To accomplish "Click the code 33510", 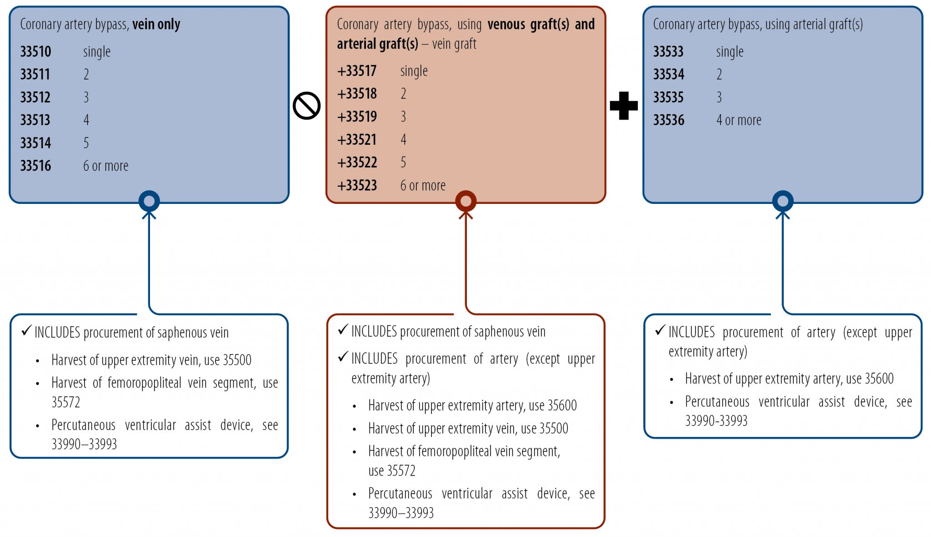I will (35, 52).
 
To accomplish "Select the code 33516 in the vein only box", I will (35, 166).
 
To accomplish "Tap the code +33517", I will (357, 71).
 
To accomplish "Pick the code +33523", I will (357, 186).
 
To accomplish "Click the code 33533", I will (668, 52).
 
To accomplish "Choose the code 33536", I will (669, 121).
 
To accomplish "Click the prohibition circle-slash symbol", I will (307, 106).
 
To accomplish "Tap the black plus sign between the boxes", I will (624, 106).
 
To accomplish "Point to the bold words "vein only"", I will (156, 24).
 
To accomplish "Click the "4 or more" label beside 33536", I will (739, 121).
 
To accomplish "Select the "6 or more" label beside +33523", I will (423, 186).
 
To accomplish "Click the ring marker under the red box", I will (465, 201).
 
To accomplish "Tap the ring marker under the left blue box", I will (149, 201).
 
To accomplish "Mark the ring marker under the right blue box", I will (783, 201).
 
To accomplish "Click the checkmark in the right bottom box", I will (660, 331).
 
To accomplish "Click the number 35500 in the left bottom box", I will (237, 360).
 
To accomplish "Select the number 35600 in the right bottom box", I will (879, 379).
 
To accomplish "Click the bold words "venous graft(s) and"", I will (541, 24).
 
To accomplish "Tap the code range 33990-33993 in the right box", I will (716, 421).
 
